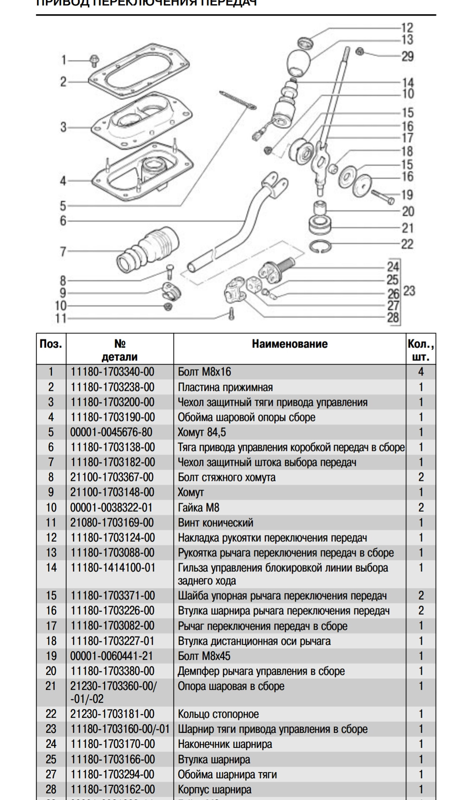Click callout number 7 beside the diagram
point(63,251)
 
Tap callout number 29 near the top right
point(407,56)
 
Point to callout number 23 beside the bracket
point(409,290)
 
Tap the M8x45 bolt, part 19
point(381,197)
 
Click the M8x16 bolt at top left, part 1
point(94,60)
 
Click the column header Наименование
point(290,344)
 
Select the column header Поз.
point(51,344)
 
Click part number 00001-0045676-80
point(111,432)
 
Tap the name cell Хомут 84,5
point(202,432)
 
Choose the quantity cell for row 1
point(421,372)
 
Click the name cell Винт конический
point(215,522)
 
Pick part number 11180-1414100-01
point(112,567)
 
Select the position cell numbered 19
point(51,656)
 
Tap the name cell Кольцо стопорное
point(218,714)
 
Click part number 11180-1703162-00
point(112,789)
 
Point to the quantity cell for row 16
point(421,610)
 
